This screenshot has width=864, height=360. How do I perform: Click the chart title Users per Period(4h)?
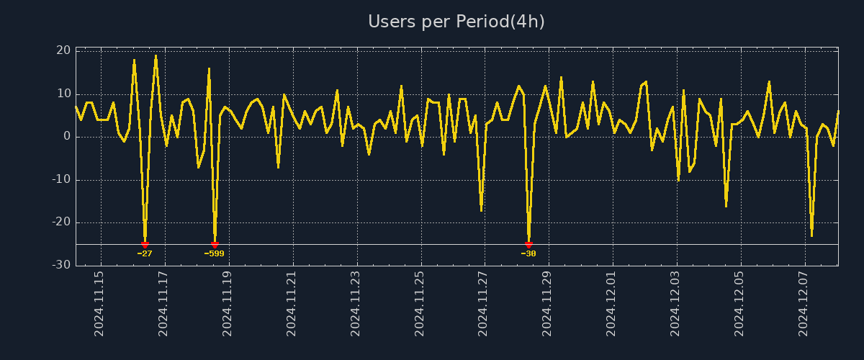point(456,22)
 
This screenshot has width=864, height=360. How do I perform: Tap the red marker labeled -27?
point(145,245)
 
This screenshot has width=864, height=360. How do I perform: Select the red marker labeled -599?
point(215,245)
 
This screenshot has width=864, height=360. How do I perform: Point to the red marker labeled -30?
point(528,245)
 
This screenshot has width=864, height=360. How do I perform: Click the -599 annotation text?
point(215,253)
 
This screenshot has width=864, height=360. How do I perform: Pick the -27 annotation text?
point(145,253)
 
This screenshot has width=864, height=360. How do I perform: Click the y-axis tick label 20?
point(63,50)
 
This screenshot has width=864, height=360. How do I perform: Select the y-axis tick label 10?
point(63,94)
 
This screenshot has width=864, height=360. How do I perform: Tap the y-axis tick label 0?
point(67,137)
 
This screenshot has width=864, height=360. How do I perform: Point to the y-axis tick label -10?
point(61,179)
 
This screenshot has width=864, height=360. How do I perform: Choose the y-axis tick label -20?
point(61,222)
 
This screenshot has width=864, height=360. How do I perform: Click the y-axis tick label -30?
point(61,265)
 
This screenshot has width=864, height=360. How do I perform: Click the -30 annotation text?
point(528,253)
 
